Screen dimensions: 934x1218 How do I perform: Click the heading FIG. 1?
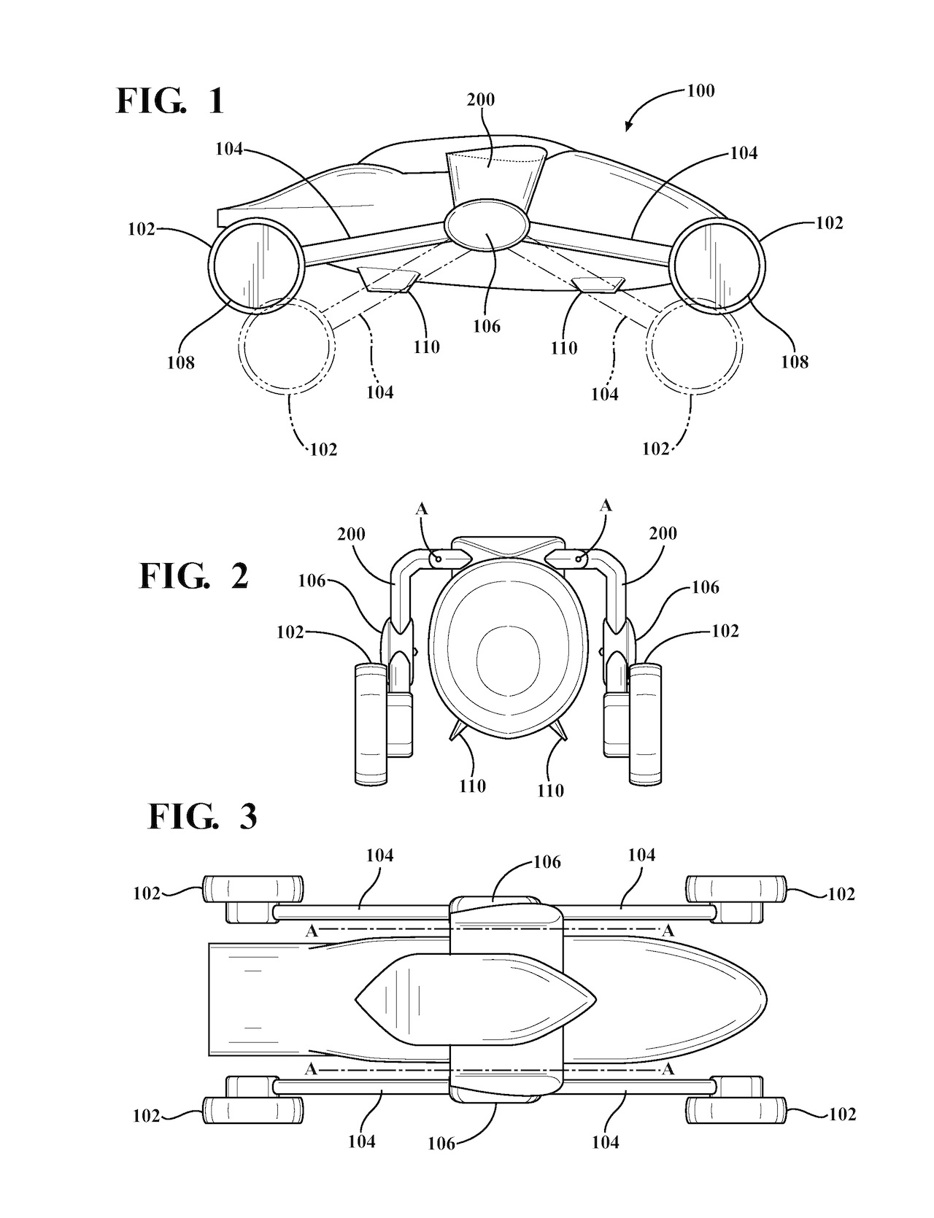coord(170,101)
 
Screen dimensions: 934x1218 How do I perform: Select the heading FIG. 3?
coord(203,817)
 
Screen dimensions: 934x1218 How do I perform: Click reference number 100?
coord(700,91)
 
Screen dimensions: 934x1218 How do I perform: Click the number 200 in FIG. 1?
coord(481,99)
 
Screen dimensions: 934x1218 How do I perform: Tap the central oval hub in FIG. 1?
coord(487,226)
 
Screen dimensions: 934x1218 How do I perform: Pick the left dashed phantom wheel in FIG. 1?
coord(289,344)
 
